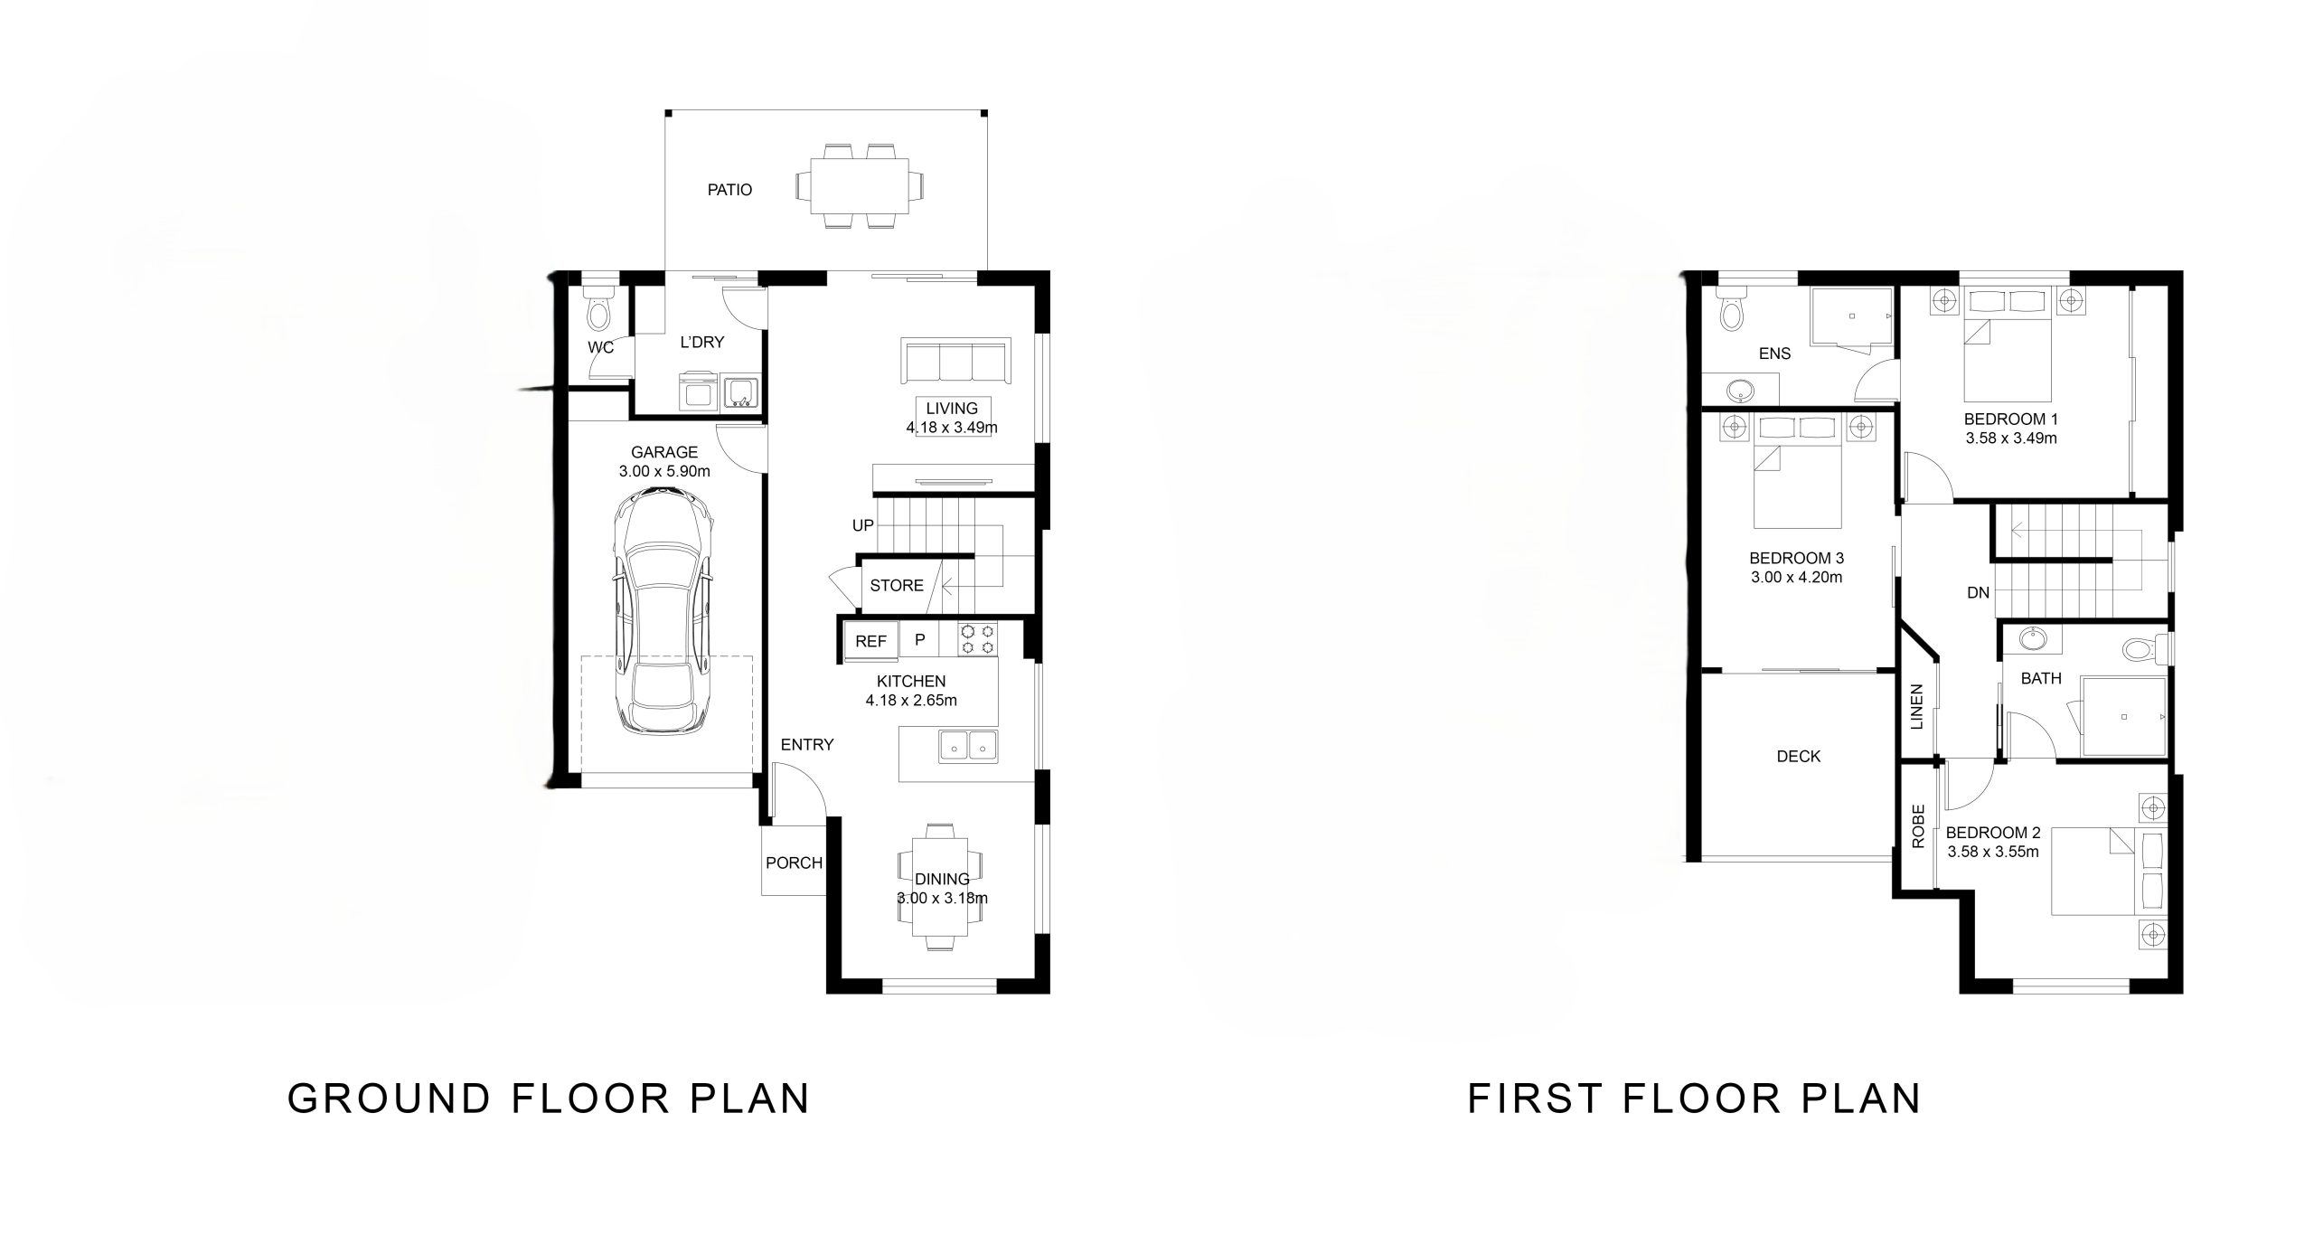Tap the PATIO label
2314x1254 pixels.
coord(729,190)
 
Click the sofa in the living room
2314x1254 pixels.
coord(955,362)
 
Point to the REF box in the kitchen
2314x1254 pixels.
coord(870,641)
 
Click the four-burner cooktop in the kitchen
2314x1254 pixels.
coord(977,639)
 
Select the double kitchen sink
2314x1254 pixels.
coord(967,746)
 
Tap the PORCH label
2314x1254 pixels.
coord(794,863)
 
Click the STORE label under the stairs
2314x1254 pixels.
coord(897,586)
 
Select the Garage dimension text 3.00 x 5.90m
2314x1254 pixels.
coord(664,471)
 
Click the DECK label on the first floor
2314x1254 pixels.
coord(1798,756)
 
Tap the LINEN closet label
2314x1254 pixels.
coord(1917,706)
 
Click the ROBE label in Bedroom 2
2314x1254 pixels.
coord(1918,826)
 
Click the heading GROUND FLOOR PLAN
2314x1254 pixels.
coord(549,1098)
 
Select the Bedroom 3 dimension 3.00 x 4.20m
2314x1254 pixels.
coord(1796,577)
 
